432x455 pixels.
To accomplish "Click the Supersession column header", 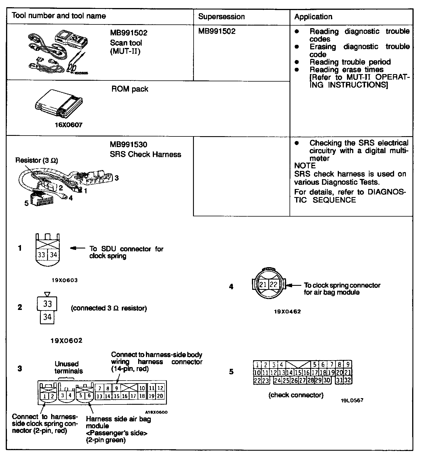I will (221, 17).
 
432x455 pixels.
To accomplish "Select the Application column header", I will (313, 17).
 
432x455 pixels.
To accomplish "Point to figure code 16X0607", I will (69, 125).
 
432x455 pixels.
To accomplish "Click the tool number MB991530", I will (128, 144).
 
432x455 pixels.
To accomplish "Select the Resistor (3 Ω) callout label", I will (36, 161).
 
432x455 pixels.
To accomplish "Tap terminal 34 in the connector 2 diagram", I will (47, 317).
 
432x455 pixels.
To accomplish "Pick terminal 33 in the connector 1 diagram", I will (42, 255).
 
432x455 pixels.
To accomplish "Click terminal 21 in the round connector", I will (263, 285).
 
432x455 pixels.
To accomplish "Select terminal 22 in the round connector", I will (274, 285).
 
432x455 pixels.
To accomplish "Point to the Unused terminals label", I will (68, 367).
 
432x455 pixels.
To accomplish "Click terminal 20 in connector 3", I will (160, 396).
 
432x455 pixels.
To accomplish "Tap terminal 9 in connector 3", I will (117, 388).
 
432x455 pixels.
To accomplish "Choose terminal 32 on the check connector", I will (348, 380).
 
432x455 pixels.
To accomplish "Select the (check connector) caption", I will (296, 395).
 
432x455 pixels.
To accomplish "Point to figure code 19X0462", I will (287, 312).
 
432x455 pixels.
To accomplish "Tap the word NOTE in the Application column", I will (305, 166).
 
